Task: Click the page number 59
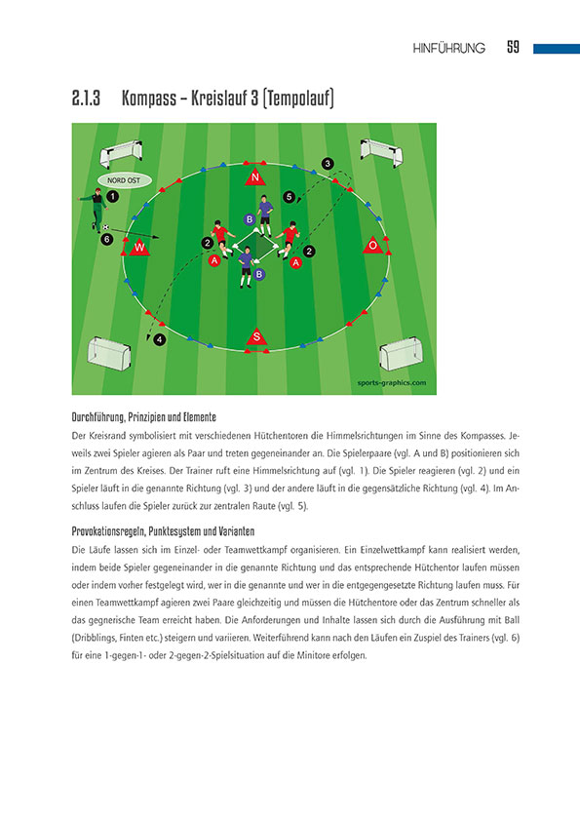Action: click(513, 48)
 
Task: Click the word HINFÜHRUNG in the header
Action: click(449, 49)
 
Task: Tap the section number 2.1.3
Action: click(88, 99)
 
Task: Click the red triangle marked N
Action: click(254, 176)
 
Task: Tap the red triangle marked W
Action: click(139, 248)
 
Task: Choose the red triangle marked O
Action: click(371, 246)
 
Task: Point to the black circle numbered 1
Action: click(112, 196)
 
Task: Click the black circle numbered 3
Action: click(328, 163)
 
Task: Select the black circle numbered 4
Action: click(160, 339)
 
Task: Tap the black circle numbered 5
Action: click(289, 197)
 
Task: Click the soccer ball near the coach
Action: click(105, 227)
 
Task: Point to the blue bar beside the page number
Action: click(556, 48)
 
